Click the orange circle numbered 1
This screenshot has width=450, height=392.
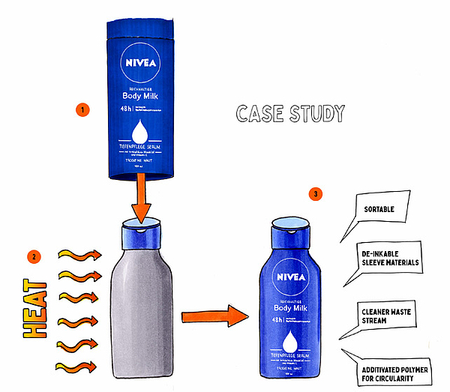(x=82, y=109)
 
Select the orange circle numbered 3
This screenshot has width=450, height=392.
(x=316, y=194)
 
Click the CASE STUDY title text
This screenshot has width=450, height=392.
(x=290, y=114)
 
